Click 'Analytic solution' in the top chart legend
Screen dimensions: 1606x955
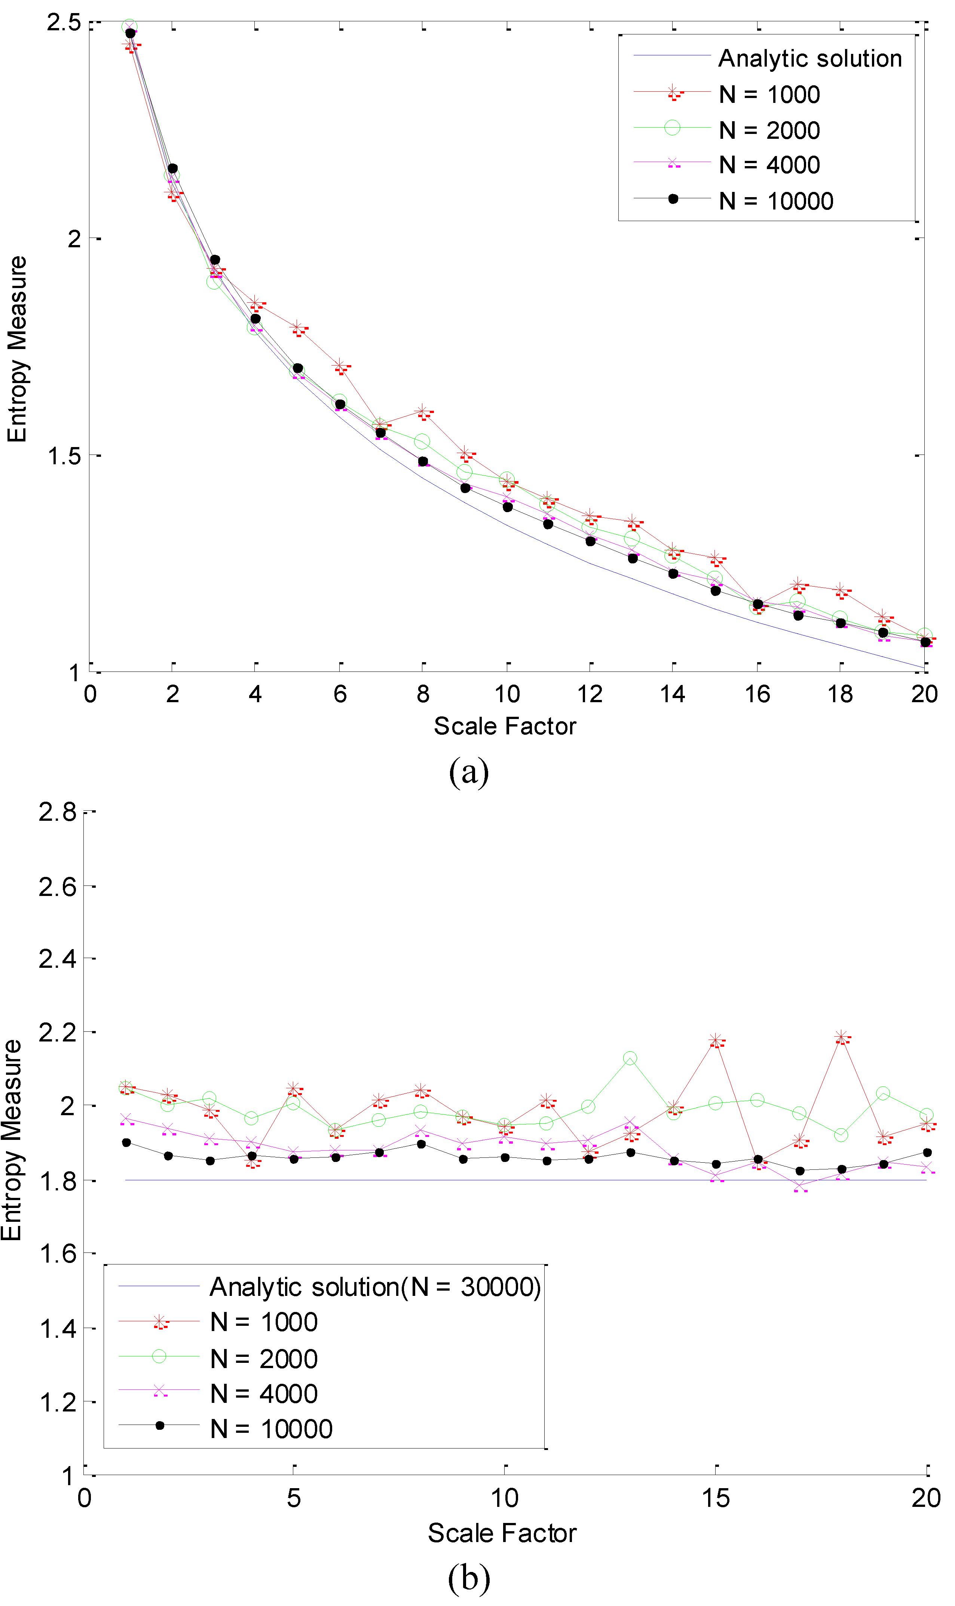809,59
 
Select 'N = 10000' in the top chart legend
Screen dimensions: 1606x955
775,201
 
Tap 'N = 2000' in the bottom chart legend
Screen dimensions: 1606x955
264,1359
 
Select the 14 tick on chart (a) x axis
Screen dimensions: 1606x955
673,694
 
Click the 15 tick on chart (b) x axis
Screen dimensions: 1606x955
716,1499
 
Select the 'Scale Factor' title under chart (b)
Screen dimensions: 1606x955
502,1533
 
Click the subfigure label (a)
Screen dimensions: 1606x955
468,771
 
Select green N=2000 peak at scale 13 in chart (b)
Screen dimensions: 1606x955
630,1058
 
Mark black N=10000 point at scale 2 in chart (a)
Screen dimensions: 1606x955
172,169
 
